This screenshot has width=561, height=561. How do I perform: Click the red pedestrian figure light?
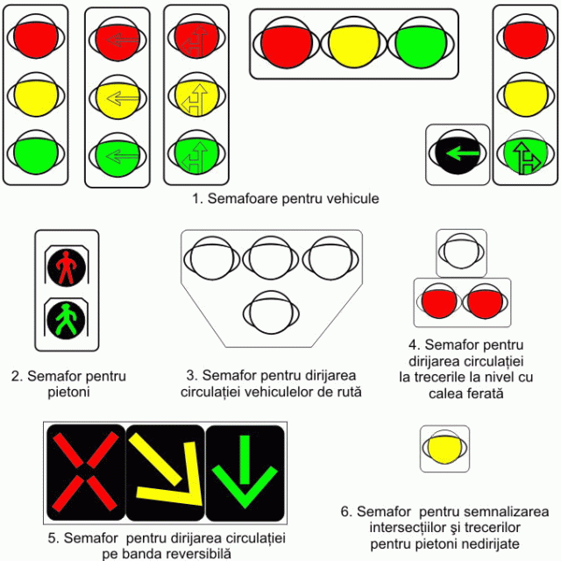click(x=67, y=266)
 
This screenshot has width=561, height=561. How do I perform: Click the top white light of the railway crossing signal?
click(x=461, y=251)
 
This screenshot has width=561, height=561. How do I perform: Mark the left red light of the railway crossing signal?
click(x=439, y=302)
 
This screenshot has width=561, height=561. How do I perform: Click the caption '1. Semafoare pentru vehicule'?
click(x=286, y=199)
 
